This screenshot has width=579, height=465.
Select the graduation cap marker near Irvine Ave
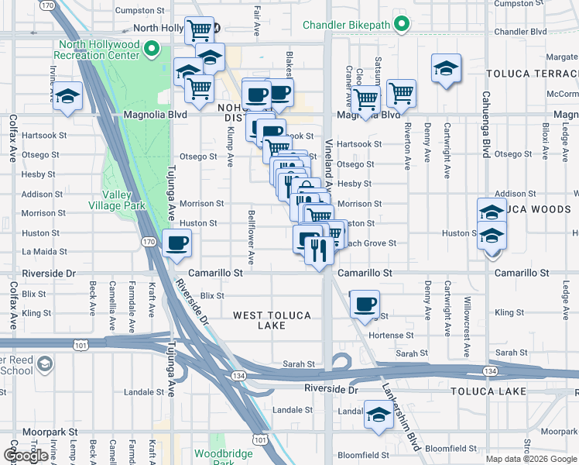[x=68, y=97]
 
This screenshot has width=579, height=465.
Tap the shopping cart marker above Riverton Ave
[x=401, y=94]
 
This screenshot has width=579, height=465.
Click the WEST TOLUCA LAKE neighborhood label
[x=272, y=321]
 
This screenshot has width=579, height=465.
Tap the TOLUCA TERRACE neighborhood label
[x=532, y=74]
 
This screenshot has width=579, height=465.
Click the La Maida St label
[x=44, y=252]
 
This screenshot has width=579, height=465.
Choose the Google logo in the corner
[x=26, y=456]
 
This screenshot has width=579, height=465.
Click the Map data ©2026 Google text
[x=530, y=459]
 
